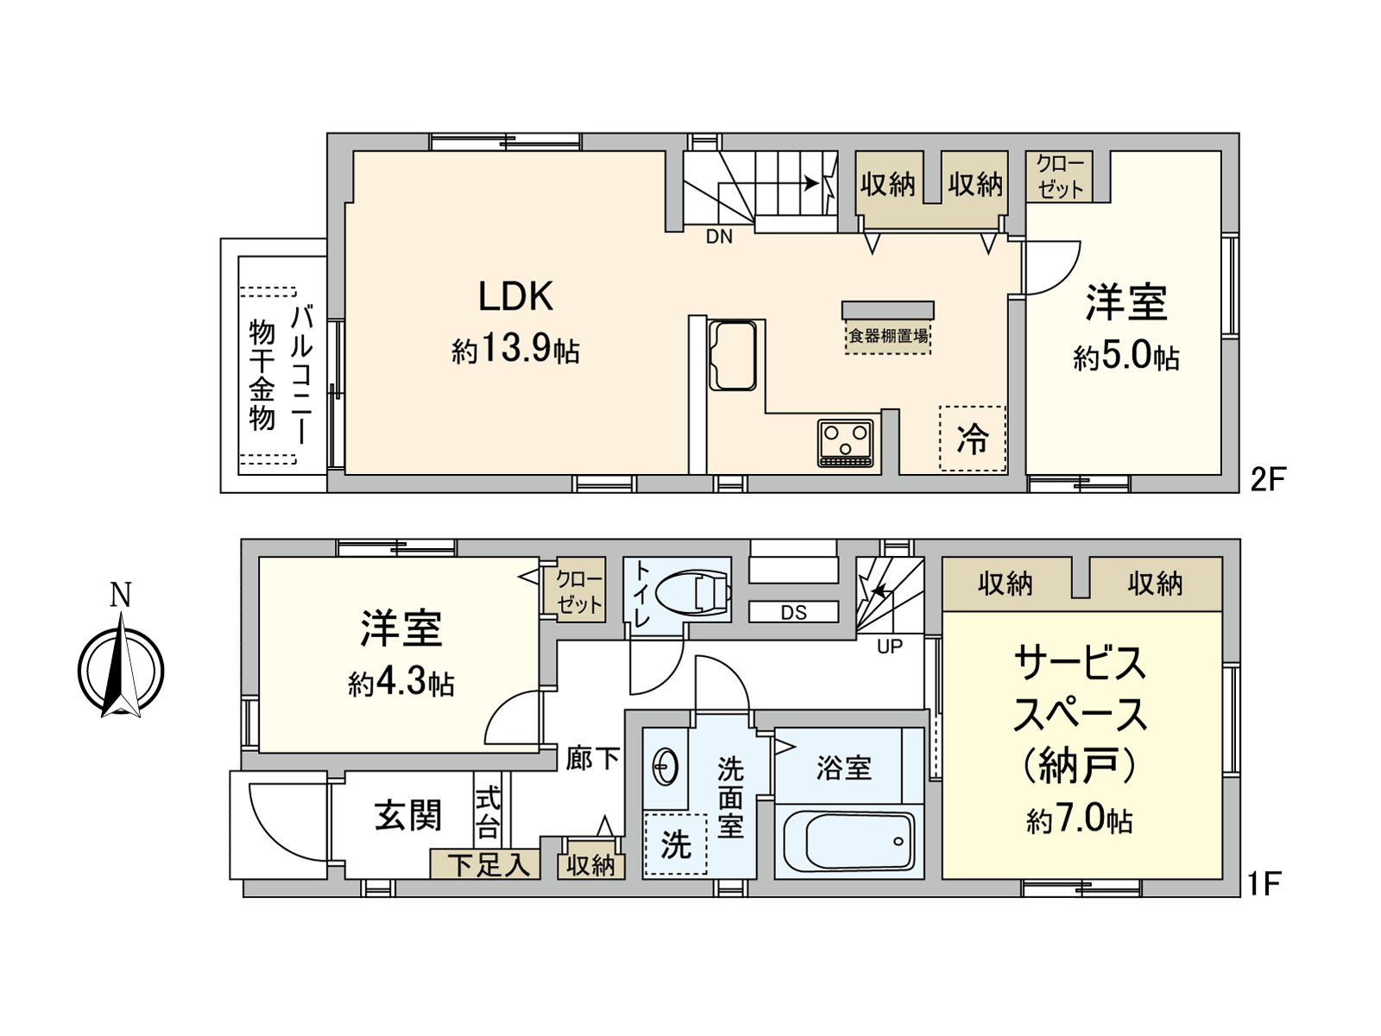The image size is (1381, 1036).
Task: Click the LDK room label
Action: pyautogui.click(x=515, y=297)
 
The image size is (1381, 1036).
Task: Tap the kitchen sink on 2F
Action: pyautogui.click(x=733, y=356)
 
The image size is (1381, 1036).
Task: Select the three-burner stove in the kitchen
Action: pyautogui.click(x=846, y=442)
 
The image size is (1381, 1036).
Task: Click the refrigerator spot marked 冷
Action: pyautogui.click(x=973, y=439)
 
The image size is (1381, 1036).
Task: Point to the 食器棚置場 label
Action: pyautogui.click(x=888, y=336)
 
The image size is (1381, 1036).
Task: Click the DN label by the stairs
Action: pyautogui.click(x=719, y=237)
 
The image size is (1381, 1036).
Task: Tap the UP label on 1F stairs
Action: pyautogui.click(x=889, y=646)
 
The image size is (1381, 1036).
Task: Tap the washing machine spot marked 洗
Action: pyautogui.click(x=676, y=844)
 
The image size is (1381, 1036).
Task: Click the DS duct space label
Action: pyautogui.click(x=793, y=612)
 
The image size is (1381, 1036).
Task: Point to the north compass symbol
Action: pyautogui.click(x=121, y=669)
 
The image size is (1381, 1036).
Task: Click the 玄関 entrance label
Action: pyautogui.click(x=408, y=815)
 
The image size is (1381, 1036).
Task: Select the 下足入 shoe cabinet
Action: pyautogui.click(x=486, y=864)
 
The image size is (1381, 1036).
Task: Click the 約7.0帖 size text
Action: pyautogui.click(x=1080, y=819)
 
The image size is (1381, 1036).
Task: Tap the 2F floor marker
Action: pyautogui.click(x=1269, y=479)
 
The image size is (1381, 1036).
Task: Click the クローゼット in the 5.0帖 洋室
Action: pyautogui.click(x=1059, y=177)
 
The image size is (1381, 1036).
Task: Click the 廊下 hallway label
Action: pyautogui.click(x=593, y=759)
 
